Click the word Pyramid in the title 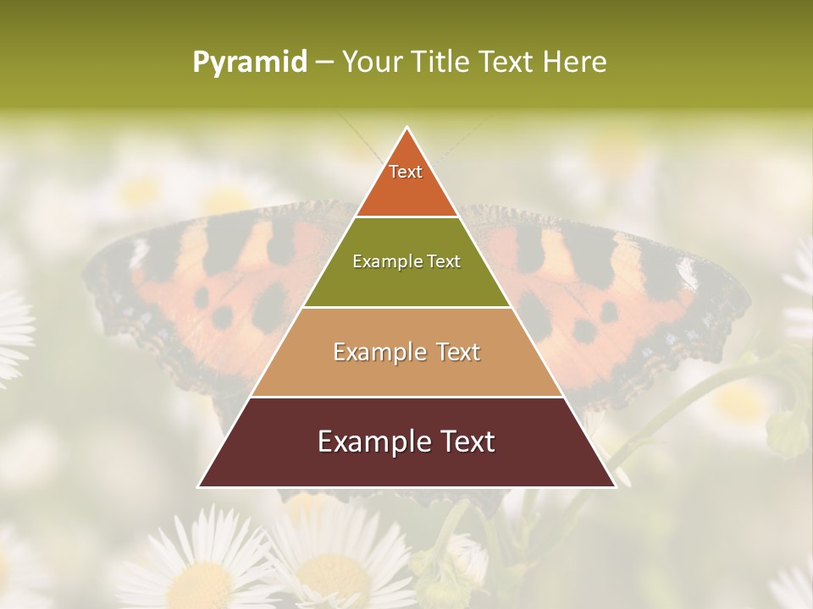[x=249, y=63]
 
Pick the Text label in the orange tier [x=406, y=172]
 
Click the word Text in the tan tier [x=457, y=352]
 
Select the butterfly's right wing [x=661, y=288]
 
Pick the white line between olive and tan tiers [x=406, y=307]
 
